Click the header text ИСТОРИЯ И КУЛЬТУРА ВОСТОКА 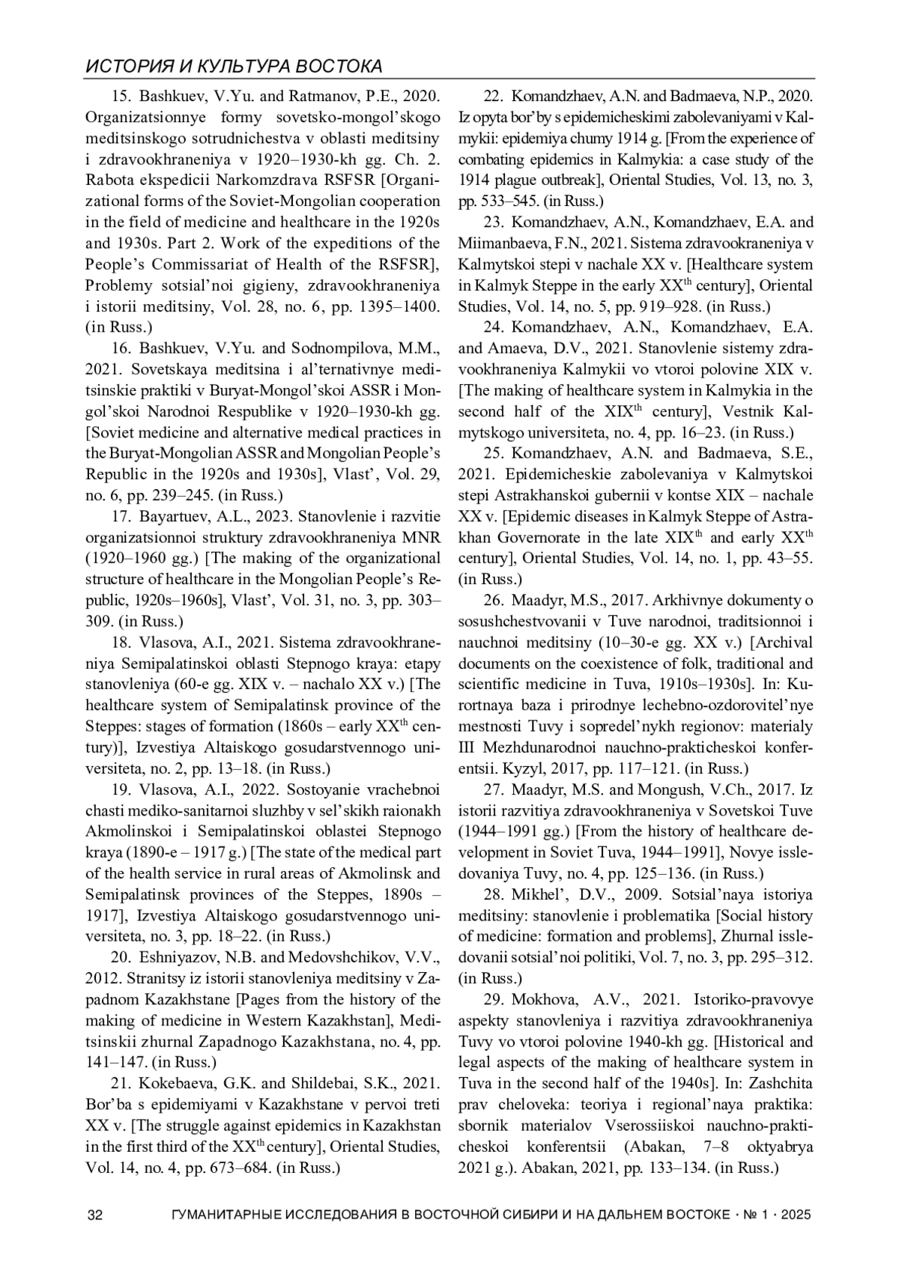point(234,67)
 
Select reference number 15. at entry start point(121,97)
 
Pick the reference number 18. point(121,642)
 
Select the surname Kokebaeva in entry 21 point(176,1083)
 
